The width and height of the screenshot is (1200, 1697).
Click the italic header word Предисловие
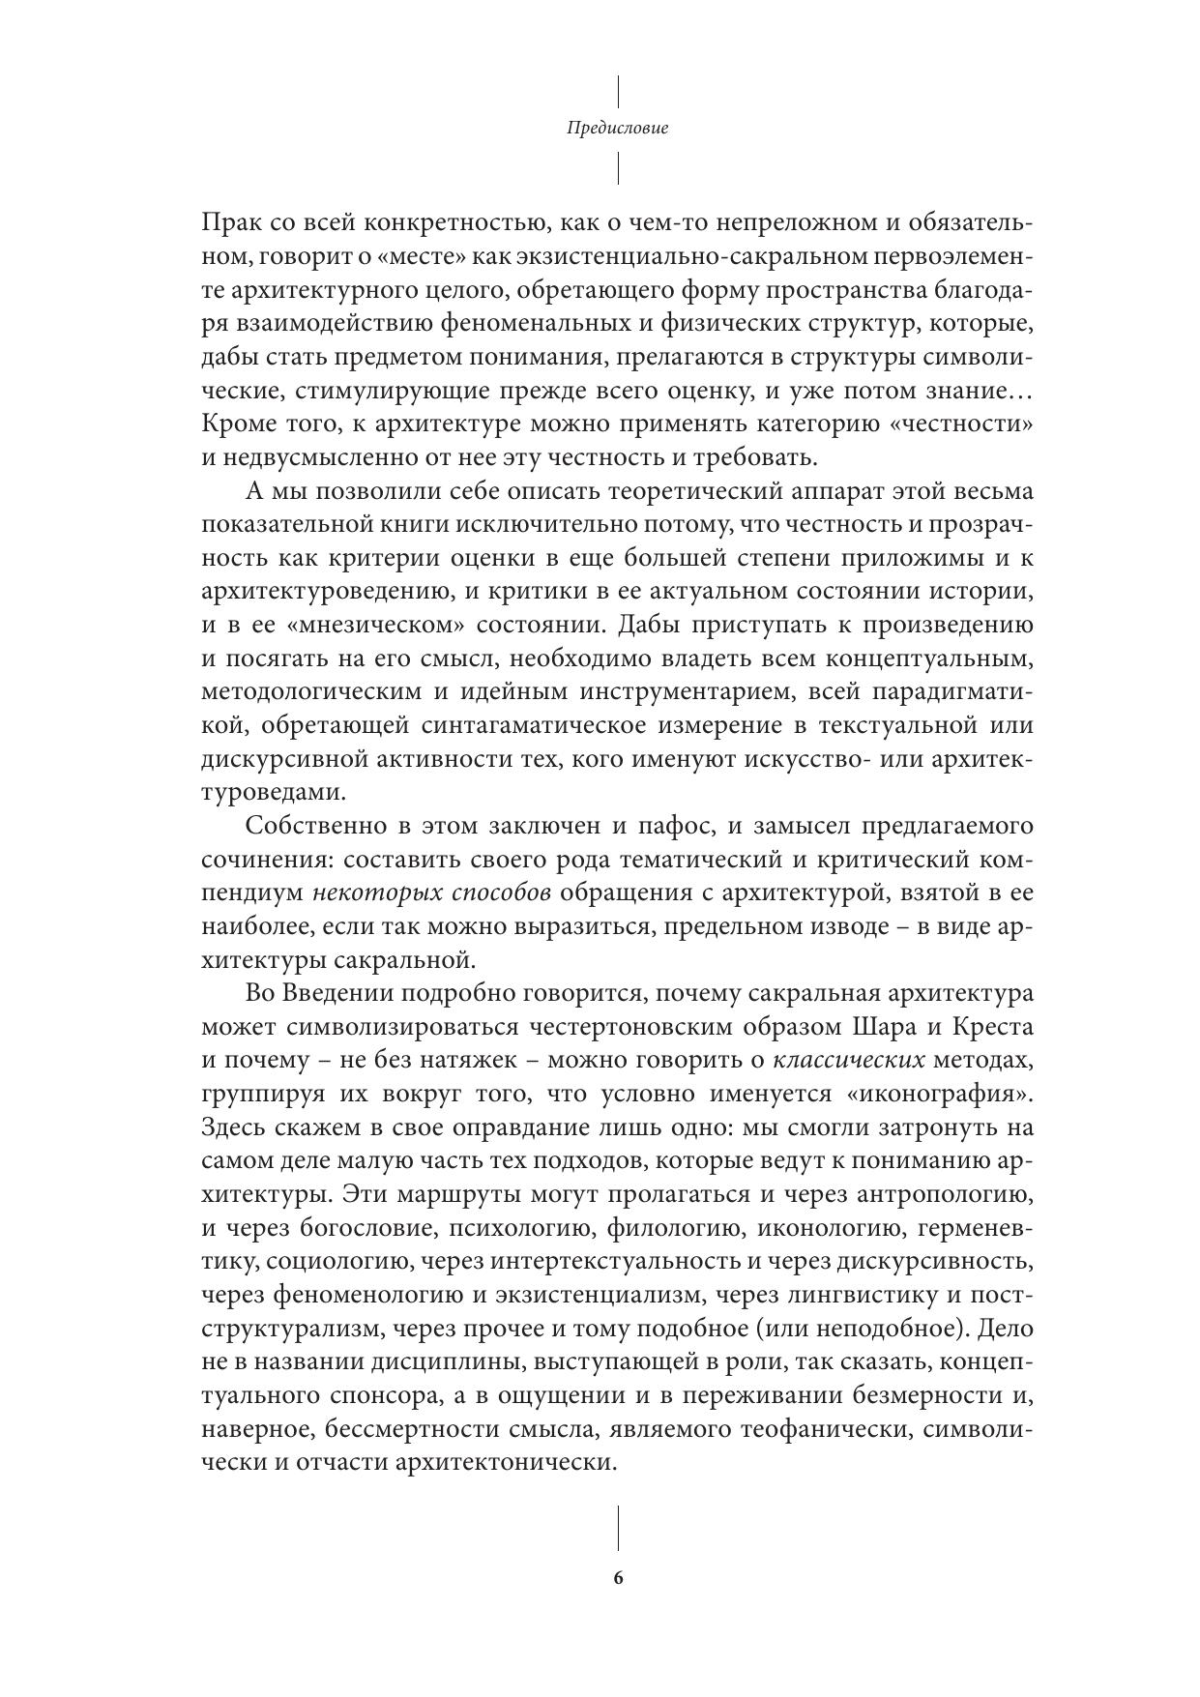point(618,128)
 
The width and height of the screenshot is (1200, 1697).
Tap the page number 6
point(618,1578)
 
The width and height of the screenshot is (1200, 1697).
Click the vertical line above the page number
point(618,1527)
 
